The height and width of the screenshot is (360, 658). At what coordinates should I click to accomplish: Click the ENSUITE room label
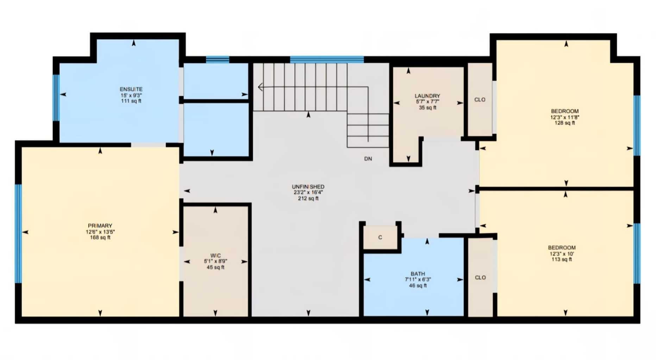click(x=131, y=89)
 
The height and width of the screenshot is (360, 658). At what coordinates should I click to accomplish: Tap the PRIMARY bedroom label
click(x=100, y=226)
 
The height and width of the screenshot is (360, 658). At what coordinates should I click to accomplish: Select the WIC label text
click(x=215, y=255)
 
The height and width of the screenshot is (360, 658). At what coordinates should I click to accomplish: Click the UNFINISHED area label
click(x=308, y=187)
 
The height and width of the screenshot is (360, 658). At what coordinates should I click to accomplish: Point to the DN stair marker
click(x=368, y=159)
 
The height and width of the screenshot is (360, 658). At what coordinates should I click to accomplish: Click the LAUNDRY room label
click(x=427, y=96)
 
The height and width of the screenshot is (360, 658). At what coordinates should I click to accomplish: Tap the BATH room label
click(x=418, y=274)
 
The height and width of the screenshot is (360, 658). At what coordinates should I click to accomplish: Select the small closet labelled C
click(x=380, y=238)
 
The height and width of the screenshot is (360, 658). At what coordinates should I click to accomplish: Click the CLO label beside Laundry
click(x=480, y=100)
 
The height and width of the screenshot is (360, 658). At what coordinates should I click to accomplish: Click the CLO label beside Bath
click(x=480, y=278)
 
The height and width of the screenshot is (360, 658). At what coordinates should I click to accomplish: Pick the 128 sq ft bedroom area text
click(x=565, y=123)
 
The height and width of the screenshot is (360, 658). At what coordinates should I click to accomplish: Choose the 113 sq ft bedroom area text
click(x=562, y=260)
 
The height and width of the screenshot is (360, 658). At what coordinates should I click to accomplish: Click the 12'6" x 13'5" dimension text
click(x=100, y=232)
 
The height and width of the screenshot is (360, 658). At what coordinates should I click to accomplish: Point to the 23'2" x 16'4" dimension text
click(x=308, y=192)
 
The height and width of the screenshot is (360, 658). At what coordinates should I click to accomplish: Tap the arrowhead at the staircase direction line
click(x=260, y=87)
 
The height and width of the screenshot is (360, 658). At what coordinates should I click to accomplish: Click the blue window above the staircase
click(x=327, y=59)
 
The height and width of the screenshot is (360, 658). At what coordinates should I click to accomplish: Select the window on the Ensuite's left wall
click(x=56, y=97)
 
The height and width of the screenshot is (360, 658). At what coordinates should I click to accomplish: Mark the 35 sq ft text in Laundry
click(x=427, y=108)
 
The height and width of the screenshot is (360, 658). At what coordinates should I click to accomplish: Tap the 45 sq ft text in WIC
click(x=215, y=267)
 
